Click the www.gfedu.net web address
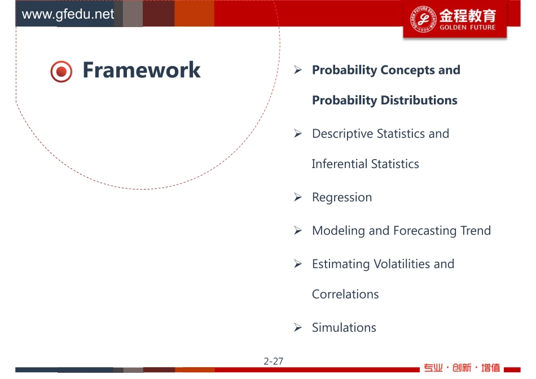coord(68,14)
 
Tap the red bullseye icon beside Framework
coord(61,72)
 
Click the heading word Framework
coord(142,70)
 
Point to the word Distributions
coord(419,100)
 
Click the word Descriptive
coord(342,134)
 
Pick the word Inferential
coord(340,164)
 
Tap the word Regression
coord(342,197)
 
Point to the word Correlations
coord(345,294)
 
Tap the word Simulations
coord(344,328)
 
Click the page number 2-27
coord(274,361)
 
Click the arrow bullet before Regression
coord(298,197)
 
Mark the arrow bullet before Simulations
coord(298,328)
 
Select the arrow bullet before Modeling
coord(298,231)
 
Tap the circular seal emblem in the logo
coord(423,19)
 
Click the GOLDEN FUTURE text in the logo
coord(468,27)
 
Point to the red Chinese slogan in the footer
coord(462,368)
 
